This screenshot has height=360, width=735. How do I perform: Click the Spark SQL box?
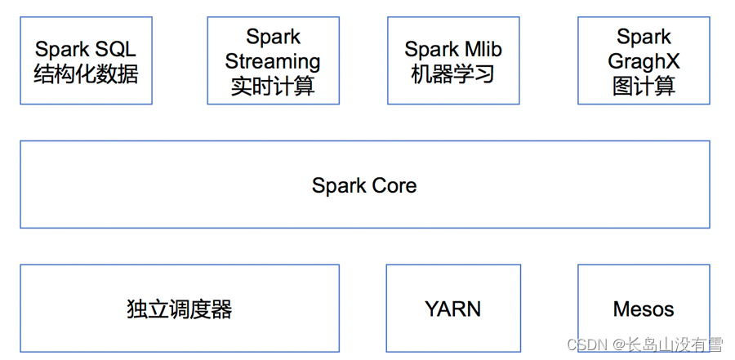tap(86, 62)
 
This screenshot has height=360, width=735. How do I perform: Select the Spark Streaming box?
tap(273, 62)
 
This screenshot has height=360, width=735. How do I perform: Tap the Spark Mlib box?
tap(453, 62)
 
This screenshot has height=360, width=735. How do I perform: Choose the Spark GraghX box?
tap(644, 62)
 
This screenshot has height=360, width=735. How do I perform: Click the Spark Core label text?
tap(364, 185)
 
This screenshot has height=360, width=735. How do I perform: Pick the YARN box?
tap(453, 309)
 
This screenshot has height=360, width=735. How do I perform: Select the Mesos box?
tap(644, 309)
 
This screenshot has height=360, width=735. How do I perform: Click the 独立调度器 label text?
tap(180, 309)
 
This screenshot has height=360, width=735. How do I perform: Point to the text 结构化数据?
tap(86, 75)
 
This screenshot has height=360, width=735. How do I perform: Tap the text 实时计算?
tap(273, 87)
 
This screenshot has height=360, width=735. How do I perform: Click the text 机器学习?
tap(453, 75)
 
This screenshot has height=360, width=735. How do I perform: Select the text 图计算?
tap(644, 87)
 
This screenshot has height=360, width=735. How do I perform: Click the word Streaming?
tap(273, 62)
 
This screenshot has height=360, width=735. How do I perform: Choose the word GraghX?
tap(644, 62)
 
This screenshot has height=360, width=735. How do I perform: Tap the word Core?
tap(394, 185)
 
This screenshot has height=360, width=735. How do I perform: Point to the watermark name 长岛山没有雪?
tap(675, 345)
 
